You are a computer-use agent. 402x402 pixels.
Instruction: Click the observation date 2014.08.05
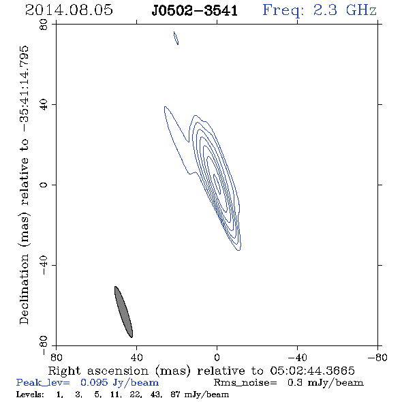coord(69,10)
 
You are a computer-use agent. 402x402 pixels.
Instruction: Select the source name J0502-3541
coord(195,10)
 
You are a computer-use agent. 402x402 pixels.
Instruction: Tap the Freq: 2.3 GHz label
coord(320,10)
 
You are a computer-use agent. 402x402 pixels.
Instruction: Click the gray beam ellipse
coord(123,312)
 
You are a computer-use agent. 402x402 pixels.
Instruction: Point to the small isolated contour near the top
coord(176,38)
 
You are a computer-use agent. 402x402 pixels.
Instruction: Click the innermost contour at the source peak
coord(217,184)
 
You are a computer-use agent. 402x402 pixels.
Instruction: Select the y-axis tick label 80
coord(44,25)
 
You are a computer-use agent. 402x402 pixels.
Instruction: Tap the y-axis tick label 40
coord(44,105)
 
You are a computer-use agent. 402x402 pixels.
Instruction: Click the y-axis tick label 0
coord(44,185)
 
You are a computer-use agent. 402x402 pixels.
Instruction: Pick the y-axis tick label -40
coord(44,265)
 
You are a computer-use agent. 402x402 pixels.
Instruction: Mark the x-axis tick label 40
coord(137,358)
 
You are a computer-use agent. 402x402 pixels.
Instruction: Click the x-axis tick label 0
coord(217,358)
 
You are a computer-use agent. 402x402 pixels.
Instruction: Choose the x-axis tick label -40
coord(297,358)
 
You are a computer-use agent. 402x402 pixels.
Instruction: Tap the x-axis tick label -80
coord(377,358)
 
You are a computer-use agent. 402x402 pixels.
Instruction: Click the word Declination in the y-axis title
coord(24,289)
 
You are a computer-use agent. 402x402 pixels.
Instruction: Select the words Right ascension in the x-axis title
coord(98,371)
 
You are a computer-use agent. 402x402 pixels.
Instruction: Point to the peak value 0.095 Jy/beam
coord(119,383)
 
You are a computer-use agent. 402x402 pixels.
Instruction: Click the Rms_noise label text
coord(245,383)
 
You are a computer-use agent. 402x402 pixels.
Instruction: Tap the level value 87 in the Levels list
coord(175,395)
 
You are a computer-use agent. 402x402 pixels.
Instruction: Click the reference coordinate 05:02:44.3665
coord(312,371)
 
